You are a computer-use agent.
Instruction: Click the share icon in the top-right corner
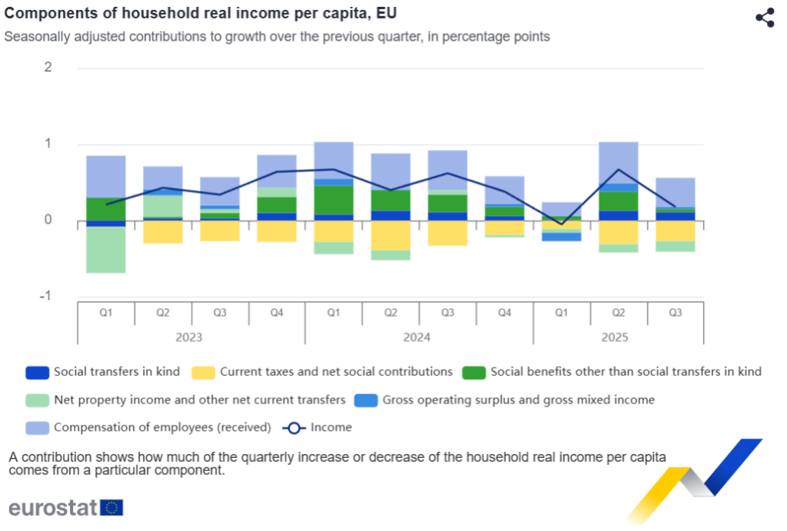pos(764,18)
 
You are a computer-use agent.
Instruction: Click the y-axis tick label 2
pos(48,67)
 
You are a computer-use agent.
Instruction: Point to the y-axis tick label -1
pos(46,297)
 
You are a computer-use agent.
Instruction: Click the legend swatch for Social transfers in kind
pos(36,372)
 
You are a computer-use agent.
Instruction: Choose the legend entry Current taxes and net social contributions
pos(336,372)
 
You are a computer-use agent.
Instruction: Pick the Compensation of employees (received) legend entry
pos(162,427)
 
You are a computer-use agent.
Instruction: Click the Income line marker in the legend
pos(294,427)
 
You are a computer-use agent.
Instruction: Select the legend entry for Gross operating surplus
pos(518,400)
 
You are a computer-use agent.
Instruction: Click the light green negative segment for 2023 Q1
pos(106,250)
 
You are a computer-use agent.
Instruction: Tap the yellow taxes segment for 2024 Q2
pos(390,235)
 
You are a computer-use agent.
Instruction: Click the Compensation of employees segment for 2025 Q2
pos(619,162)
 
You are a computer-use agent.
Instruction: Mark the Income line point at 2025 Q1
pos(562,224)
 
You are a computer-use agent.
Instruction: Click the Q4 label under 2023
pos(277,313)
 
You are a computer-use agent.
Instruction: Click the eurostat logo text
pos(53,507)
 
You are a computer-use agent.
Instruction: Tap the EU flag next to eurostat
pos(112,507)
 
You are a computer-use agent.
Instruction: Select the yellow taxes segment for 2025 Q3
pos(676,231)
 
